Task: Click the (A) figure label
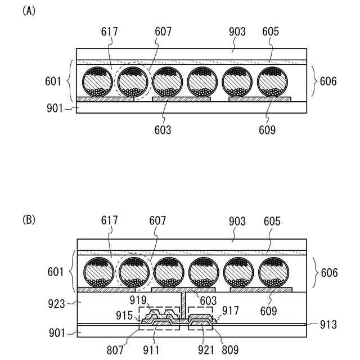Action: click(28, 11)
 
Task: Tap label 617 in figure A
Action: click(110, 31)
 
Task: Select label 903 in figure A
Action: click(237, 31)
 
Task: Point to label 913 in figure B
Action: click(329, 324)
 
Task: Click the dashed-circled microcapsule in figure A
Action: click(133, 82)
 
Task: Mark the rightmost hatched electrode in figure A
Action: click(260, 99)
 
